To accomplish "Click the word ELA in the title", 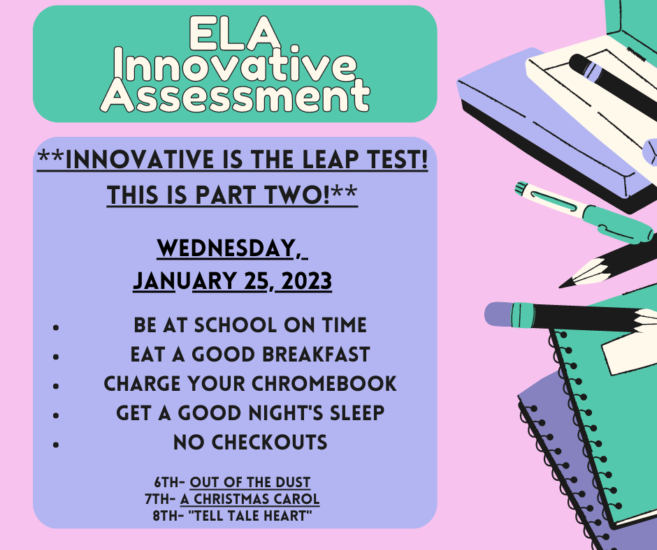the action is [235, 33].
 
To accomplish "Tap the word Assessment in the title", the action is [235, 96].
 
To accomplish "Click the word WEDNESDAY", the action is [226, 248].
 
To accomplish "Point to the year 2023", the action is [307, 281].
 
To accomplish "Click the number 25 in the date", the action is [256, 281].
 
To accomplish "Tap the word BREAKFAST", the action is [316, 355].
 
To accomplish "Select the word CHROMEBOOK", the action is [324, 384].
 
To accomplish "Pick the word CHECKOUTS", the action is [269, 443].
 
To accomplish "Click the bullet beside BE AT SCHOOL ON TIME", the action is [56, 327].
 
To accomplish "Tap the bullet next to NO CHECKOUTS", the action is [56, 445].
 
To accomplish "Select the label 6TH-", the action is [170, 482].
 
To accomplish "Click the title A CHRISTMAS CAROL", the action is [250, 499].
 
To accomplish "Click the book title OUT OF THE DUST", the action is [250, 482].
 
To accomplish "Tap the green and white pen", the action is [584, 212].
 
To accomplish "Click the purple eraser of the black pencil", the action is [498, 313].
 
